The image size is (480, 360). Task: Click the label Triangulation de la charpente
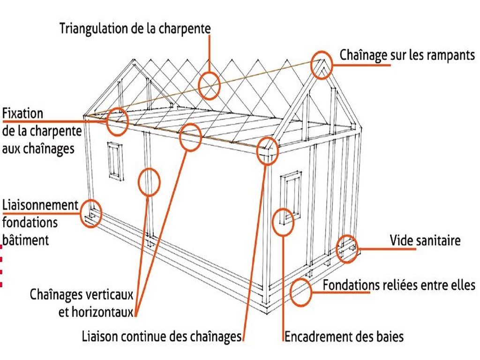[x=135, y=28]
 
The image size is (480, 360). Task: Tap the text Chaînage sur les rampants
[x=407, y=55]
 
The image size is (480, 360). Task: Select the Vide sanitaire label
[x=425, y=241]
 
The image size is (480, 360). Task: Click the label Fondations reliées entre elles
[x=399, y=285]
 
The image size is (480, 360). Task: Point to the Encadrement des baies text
[x=344, y=336]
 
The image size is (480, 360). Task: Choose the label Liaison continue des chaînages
[x=161, y=336]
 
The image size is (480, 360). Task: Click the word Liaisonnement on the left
[x=40, y=205]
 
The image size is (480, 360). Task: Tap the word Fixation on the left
[x=22, y=113]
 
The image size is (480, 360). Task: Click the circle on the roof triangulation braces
[x=209, y=86]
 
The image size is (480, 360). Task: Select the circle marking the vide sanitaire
[x=347, y=248]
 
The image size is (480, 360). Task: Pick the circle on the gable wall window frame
[x=283, y=222]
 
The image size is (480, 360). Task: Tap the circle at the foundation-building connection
[x=91, y=213]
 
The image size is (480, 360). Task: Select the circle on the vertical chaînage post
[x=149, y=182]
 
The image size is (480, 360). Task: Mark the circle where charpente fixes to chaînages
[x=117, y=120]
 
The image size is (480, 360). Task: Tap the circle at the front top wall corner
[x=268, y=150]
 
